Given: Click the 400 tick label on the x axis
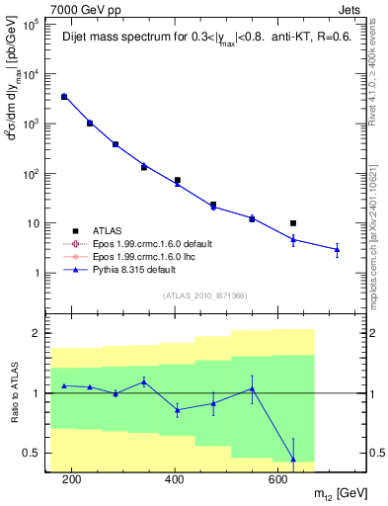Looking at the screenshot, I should click(x=175, y=480).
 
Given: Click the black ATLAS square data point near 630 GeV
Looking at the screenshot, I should click(x=293, y=223).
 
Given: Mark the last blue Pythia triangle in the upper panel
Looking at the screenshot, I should click(x=337, y=250).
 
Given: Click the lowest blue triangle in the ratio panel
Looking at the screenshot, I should click(x=293, y=459).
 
